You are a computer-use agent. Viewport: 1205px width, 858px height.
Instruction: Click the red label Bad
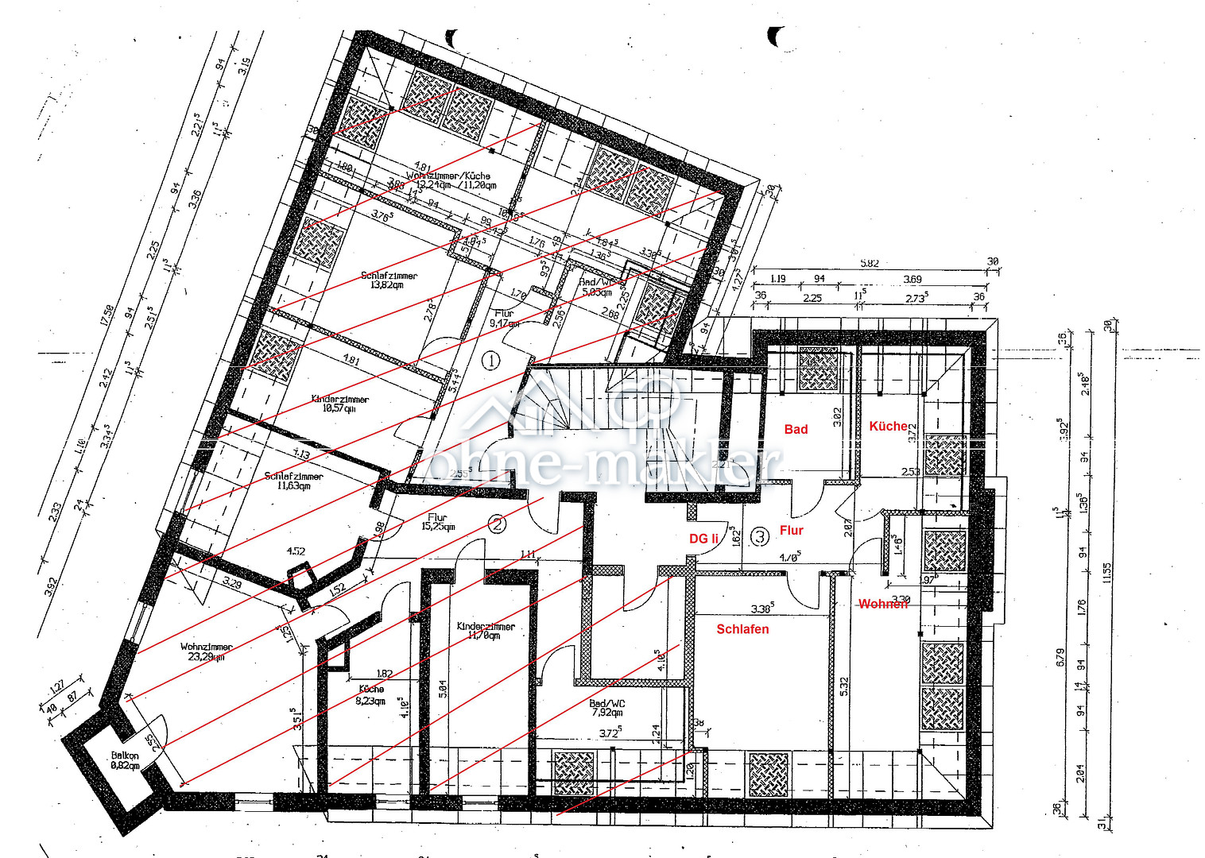[796, 429]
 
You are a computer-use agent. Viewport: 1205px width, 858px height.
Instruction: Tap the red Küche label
[888, 427]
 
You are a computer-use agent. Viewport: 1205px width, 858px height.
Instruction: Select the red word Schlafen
[742, 629]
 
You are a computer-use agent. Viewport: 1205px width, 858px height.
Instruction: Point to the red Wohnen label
[882, 604]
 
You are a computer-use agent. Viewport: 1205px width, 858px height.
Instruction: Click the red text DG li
[703, 539]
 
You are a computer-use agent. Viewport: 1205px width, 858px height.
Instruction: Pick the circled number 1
[492, 361]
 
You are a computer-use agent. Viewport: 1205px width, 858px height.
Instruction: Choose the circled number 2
[497, 524]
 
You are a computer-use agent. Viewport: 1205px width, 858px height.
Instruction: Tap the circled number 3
[760, 537]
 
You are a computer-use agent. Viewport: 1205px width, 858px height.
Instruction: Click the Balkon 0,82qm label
[125, 760]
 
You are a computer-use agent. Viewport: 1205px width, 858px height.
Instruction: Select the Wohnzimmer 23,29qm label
[206, 651]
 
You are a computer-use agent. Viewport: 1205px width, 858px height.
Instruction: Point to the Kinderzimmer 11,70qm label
[486, 631]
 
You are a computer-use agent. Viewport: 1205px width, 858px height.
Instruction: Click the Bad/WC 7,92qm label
[607, 707]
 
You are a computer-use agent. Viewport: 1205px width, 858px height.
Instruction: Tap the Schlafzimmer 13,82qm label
[389, 280]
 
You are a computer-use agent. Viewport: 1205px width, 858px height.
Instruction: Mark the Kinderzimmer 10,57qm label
[339, 404]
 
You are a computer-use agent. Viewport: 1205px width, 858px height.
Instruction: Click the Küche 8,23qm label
[370, 694]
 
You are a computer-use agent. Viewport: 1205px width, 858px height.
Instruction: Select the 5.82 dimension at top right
[870, 263]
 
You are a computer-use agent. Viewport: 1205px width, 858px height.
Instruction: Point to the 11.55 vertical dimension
[1106, 572]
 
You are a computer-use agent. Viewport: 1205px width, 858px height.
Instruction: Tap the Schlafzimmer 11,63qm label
[293, 481]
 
